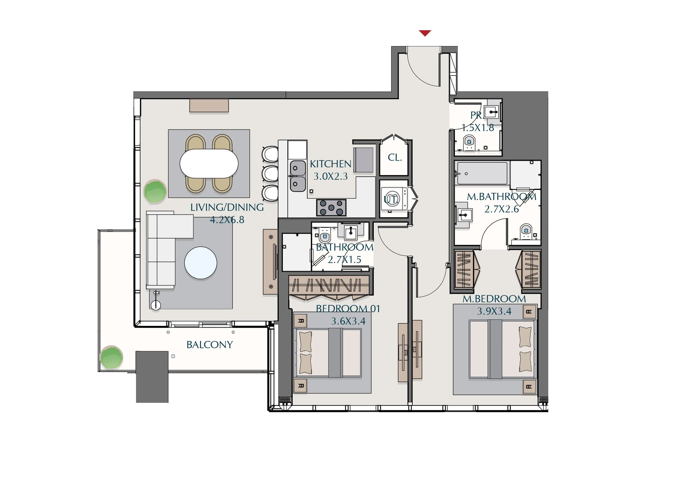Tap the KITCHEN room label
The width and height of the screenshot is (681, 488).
click(x=330, y=164)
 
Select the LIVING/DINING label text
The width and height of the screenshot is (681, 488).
click(x=227, y=207)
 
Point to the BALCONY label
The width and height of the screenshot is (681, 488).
click(x=210, y=345)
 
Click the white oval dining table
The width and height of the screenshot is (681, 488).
click(x=209, y=164)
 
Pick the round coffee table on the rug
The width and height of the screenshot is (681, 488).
click(x=201, y=263)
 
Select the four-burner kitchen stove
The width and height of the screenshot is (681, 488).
click(x=331, y=207)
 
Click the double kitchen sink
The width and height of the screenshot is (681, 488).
click(x=298, y=176)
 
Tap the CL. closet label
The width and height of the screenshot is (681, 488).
click(x=395, y=157)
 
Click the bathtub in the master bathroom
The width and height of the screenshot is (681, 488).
click(x=482, y=173)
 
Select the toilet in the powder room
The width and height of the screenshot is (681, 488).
click(x=469, y=143)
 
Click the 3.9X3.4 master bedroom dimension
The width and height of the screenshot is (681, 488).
click(x=494, y=311)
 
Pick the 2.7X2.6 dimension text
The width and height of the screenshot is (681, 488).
click(x=502, y=209)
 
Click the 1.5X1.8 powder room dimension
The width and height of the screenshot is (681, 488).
click(x=478, y=127)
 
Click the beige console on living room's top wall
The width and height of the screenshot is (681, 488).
click(x=209, y=106)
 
